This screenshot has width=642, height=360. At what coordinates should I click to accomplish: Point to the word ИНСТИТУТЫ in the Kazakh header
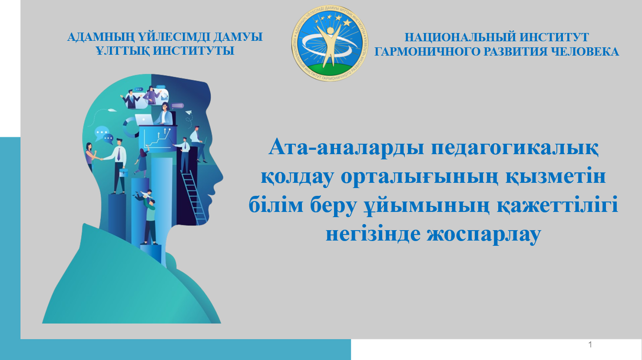[193, 51]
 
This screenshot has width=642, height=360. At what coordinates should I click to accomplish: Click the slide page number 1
[590, 344]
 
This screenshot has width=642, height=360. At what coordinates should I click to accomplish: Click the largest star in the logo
[347, 22]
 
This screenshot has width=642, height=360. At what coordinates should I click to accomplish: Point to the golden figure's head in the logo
[331, 30]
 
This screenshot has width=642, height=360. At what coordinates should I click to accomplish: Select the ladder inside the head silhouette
[193, 197]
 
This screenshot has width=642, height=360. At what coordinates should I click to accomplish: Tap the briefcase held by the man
[123, 172]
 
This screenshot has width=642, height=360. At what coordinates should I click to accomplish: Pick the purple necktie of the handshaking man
[119, 154]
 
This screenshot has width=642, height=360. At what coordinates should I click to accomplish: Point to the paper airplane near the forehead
[189, 112]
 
